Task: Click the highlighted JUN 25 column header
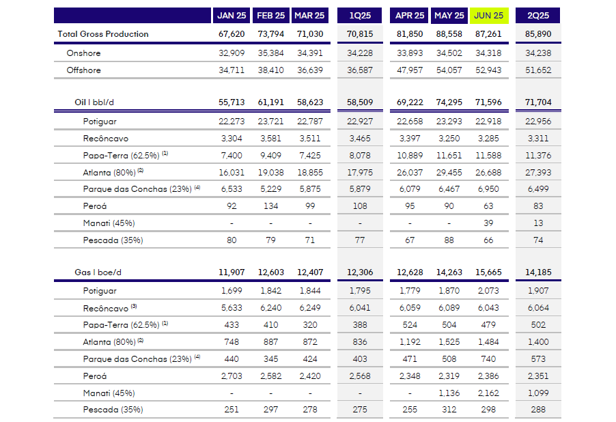point(488,15)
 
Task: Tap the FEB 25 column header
point(271,15)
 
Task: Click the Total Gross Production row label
point(103,34)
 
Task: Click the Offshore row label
point(83,70)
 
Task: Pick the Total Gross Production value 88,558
point(448,34)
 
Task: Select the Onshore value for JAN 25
point(231,53)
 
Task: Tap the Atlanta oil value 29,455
point(448,173)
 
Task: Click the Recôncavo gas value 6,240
point(272,308)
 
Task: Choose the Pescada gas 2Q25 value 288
point(540,410)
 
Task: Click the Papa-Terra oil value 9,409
point(272,156)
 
